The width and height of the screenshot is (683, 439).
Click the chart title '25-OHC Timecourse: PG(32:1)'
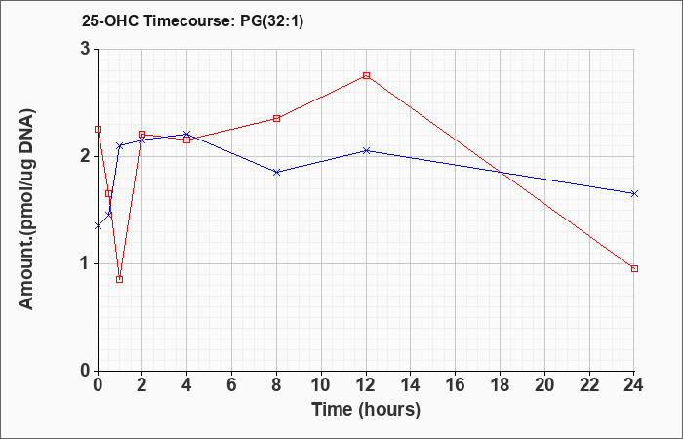tap(192, 21)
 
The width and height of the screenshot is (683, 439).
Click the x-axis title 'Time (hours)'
tap(366, 410)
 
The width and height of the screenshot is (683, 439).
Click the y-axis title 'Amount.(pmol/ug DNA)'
tap(27, 210)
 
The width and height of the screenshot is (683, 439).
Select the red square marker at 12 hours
tap(366, 76)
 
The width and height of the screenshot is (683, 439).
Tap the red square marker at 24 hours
tap(634, 268)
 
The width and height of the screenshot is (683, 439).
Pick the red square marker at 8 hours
tap(276, 118)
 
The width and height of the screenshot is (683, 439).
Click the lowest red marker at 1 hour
tap(120, 280)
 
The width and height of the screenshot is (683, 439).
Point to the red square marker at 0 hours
tap(98, 130)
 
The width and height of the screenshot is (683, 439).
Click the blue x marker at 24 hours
tap(634, 194)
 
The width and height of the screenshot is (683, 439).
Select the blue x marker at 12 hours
tap(366, 150)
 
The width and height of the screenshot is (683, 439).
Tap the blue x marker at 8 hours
tap(276, 172)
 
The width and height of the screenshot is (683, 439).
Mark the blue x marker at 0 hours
tap(98, 226)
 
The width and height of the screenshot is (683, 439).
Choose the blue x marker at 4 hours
tap(187, 135)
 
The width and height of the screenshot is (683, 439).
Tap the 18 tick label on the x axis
tap(500, 385)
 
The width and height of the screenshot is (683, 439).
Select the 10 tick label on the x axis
tap(321, 385)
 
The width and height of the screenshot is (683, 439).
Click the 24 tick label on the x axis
tap(634, 385)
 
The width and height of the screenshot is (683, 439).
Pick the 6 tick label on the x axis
tap(232, 385)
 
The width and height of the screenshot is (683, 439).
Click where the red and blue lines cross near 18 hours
tap(501, 172)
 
